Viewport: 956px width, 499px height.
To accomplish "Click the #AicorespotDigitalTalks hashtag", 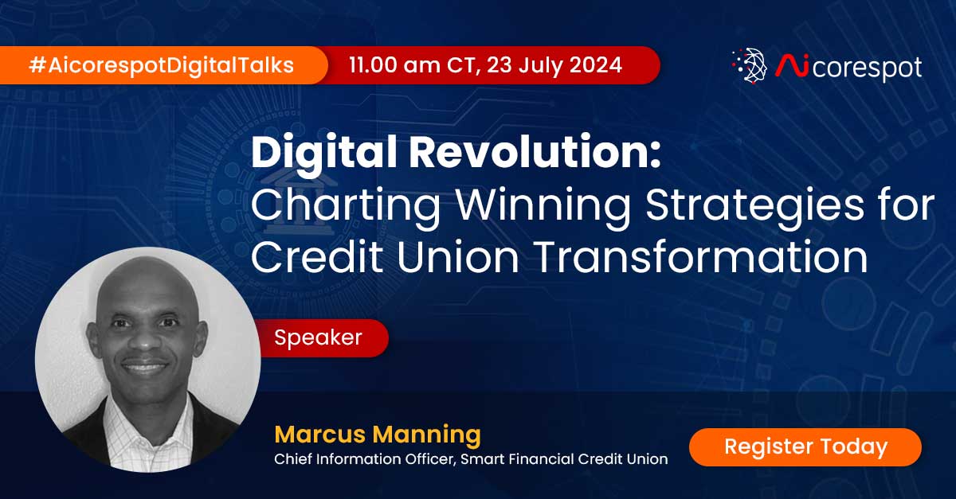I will pyautogui.click(x=161, y=64).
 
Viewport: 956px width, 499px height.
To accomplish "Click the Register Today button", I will pyautogui.click(x=805, y=446).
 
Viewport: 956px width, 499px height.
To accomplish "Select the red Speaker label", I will pyautogui.click(x=318, y=337).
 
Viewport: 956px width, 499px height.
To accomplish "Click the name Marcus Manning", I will pyautogui.click(x=378, y=435).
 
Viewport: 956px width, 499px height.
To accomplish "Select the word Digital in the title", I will pyautogui.click(x=320, y=154).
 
